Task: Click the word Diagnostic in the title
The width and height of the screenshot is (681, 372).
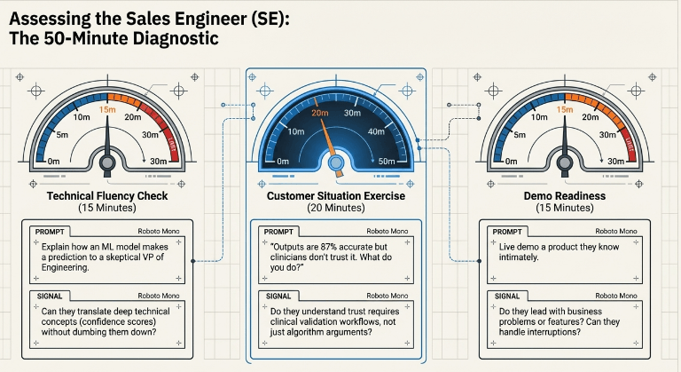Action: point(176,38)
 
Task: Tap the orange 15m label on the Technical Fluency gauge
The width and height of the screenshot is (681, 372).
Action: point(107,109)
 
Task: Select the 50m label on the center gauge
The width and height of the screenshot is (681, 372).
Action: point(387,161)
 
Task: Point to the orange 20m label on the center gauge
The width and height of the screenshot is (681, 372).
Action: point(319,113)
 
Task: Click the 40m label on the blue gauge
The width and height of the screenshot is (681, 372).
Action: point(376,131)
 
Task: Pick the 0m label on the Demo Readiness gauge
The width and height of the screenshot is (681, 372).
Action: point(511,162)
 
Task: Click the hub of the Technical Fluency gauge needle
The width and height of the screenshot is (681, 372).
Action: point(107,163)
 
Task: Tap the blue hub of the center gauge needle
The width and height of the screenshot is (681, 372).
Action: point(336,163)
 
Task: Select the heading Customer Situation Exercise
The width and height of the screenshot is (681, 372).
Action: point(336,196)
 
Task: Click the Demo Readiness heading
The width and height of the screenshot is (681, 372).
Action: point(565,196)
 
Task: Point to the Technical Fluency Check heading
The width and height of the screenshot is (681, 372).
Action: point(107,196)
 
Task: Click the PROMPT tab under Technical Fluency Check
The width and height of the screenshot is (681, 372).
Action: point(50,232)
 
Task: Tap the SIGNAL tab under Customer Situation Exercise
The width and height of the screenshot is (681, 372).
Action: point(278,297)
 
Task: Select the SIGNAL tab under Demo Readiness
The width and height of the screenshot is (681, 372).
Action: point(507,297)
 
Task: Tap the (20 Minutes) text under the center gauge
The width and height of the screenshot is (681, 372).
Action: point(336,208)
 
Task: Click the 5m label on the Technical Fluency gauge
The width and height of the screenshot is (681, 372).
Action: point(62,135)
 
